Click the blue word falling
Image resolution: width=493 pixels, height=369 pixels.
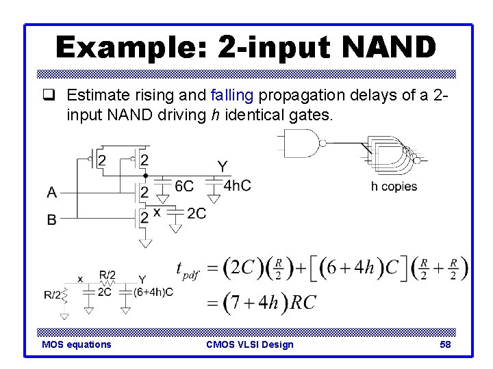pyautogui.click(x=233, y=97)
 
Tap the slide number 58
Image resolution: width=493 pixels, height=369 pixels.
pyautogui.click(x=445, y=344)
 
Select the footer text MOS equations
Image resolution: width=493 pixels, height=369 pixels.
pyautogui.click(x=76, y=344)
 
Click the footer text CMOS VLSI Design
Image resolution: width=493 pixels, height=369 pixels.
pyautogui.click(x=249, y=344)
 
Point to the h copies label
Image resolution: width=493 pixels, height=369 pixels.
pyautogui.click(x=394, y=187)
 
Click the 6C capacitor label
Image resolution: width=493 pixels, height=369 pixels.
pyautogui.click(x=184, y=186)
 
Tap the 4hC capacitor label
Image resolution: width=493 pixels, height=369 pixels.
pyautogui.click(x=237, y=185)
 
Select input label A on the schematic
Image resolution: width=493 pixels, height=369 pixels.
pyautogui.click(x=52, y=193)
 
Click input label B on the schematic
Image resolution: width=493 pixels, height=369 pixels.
pyautogui.click(x=52, y=219)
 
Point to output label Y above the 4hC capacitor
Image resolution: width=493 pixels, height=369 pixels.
pyautogui.click(x=223, y=166)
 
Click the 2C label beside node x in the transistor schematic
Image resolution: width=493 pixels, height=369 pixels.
pyautogui.click(x=196, y=213)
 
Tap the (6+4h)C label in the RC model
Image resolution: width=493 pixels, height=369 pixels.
pyautogui.click(x=154, y=292)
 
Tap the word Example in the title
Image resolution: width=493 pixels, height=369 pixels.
pyautogui.click(x=130, y=47)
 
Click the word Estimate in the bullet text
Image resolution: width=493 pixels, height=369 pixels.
pyautogui.click(x=94, y=97)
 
